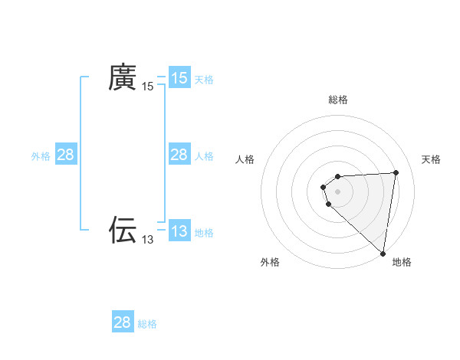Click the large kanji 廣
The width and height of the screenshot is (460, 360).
[x=122, y=77]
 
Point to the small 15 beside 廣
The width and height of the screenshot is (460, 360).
[x=148, y=87]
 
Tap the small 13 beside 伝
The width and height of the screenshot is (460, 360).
[x=148, y=240]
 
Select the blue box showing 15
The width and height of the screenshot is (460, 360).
[x=179, y=78]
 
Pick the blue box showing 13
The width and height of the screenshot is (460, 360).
[x=179, y=231]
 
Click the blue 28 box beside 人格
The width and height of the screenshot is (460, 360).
[x=179, y=155]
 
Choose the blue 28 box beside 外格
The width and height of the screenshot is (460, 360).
[x=66, y=155]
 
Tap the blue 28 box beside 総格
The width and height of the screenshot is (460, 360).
[x=123, y=322]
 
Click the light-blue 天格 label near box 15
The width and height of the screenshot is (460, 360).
[x=204, y=79]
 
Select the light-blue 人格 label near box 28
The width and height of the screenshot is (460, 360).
[x=204, y=155]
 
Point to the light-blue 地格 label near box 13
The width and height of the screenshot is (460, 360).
[x=204, y=232]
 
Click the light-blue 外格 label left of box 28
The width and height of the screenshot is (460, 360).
[x=41, y=155]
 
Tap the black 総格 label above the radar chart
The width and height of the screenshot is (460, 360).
[x=338, y=100]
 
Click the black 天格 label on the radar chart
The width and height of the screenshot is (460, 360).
[x=432, y=159]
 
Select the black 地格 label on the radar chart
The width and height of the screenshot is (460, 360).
[x=402, y=262]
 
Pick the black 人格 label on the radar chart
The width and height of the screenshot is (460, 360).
[x=245, y=159]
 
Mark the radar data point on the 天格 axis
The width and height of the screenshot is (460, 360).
[x=396, y=172]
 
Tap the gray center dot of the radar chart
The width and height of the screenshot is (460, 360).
[x=337, y=191]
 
